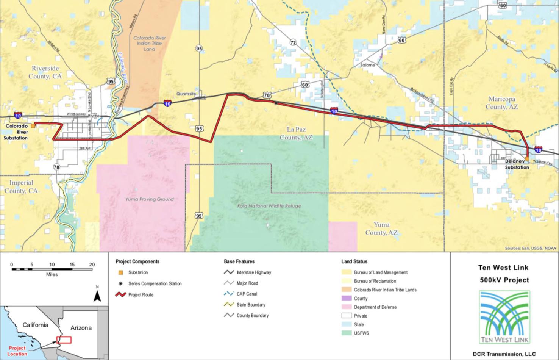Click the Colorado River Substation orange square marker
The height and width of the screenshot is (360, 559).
coord(33,125)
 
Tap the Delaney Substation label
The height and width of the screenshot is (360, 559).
coord(517,164)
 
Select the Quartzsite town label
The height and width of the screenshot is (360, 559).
coord(186,94)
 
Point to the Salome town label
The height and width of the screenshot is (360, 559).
coord(367,65)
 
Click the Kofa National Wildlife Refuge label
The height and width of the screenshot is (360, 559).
coord(269,206)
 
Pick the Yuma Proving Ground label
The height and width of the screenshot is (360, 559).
coord(149,199)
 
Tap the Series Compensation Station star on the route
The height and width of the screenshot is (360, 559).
coord(276,103)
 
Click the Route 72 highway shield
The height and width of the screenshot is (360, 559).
coord(293,43)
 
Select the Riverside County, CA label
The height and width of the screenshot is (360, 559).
coord(45,72)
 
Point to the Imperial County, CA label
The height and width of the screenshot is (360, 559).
coord(21,186)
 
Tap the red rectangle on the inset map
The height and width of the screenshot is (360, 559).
coord(64,340)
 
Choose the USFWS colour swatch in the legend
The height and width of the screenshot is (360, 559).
coord(347,333)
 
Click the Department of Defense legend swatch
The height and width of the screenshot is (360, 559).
coord(347,307)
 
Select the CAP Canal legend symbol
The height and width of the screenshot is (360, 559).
coord(229,294)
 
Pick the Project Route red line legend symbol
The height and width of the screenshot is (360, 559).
coord(121,294)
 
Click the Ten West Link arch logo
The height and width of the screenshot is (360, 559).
coord(504,317)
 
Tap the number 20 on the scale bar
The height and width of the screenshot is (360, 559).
coord(92,265)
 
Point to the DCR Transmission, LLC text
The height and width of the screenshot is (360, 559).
coord(504,354)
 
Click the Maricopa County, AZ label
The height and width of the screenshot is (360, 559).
coord(501,103)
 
